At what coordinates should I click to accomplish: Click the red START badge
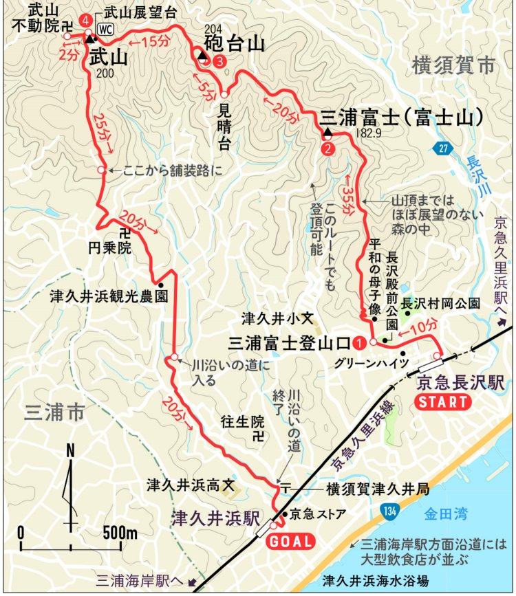coord(442,402)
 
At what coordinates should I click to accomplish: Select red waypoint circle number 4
coord(85,21)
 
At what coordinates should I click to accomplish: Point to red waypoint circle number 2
coord(327,147)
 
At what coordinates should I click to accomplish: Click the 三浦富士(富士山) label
coord(399,117)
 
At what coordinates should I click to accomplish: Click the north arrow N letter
coord(70,452)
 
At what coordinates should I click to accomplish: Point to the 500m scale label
coord(120,533)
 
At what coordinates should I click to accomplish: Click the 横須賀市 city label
coord(453,66)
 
